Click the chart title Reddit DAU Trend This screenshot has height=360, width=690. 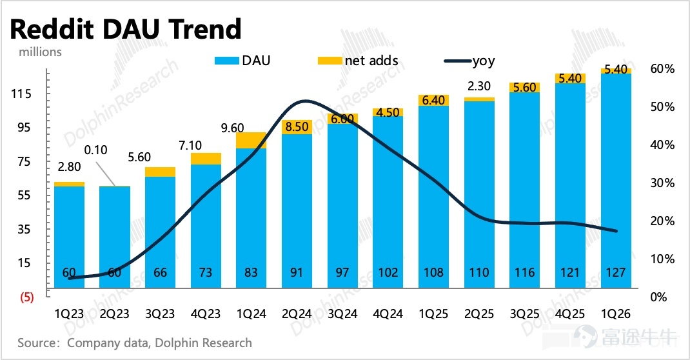pos(125,30)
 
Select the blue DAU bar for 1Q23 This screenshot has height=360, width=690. pos(70,237)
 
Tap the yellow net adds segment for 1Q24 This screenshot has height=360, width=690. pos(251,141)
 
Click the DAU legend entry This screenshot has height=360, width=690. pos(242,61)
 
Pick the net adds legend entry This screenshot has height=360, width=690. pos(358,61)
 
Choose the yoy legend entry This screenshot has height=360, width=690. pos(469,61)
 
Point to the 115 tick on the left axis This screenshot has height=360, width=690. pos(22,94)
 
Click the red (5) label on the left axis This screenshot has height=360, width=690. pos(26,297)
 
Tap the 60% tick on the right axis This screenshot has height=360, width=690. pos(662,68)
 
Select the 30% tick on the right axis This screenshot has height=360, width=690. pos(662,183)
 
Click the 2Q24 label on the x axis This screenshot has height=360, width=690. pos(297,314)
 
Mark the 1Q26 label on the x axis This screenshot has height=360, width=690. pos(616,314)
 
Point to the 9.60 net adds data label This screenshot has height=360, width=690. pos(232,128)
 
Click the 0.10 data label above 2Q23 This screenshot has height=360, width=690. pos(95,150)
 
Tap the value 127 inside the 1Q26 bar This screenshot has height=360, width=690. pos(616,273)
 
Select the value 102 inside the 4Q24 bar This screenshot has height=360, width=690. pos(388,273)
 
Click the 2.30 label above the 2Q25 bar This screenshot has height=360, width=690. pos(478,86)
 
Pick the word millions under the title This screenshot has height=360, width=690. pos(40,52)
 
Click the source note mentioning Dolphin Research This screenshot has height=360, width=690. pos(135,343)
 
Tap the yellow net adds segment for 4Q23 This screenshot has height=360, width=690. pos(206,159)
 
